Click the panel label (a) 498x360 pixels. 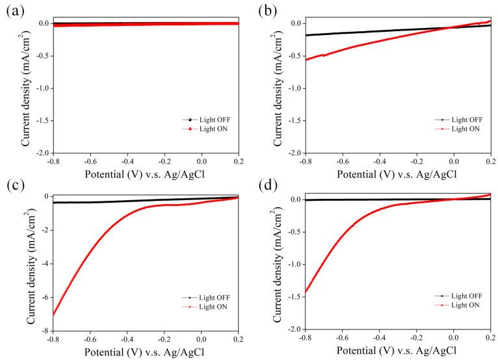14,11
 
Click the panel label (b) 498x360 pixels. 267,11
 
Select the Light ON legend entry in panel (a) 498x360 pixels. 206,129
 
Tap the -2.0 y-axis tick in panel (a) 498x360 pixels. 40,153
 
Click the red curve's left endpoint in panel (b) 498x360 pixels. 305,60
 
